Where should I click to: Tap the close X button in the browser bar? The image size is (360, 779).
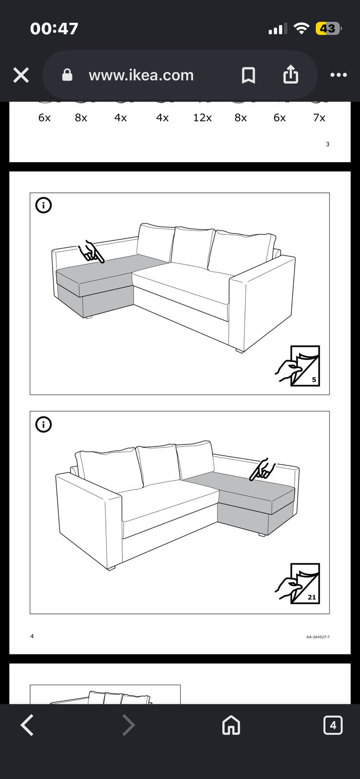pyautogui.click(x=21, y=75)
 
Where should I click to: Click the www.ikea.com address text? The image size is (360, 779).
pyautogui.click(x=141, y=75)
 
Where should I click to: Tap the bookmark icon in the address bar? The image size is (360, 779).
pyautogui.click(x=248, y=75)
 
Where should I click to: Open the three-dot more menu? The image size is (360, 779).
pyautogui.click(x=339, y=75)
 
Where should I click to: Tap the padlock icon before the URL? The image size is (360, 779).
pyautogui.click(x=67, y=75)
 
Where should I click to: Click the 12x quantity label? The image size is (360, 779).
pyautogui.click(x=203, y=118)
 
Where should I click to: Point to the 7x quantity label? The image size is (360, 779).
pyautogui.click(x=319, y=118)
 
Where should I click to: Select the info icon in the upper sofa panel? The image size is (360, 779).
pyautogui.click(x=43, y=205)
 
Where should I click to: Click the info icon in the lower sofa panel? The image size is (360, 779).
pyautogui.click(x=43, y=424)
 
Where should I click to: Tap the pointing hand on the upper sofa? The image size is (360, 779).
pyautogui.click(x=91, y=252)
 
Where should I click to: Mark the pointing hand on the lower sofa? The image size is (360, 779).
pyautogui.click(x=263, y=469)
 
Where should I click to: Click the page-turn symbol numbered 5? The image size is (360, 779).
pyautogui.click(x=298, y=366)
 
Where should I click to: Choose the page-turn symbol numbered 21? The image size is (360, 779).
pyautogui.click(x=298, y=583)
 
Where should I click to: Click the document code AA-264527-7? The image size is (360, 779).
pyautogui.click(x=318, y=637)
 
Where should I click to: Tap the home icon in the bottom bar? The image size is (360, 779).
pyautogui.click(x=231, y=725)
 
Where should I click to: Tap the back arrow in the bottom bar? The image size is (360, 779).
pyautogui.click(x=27, y=725)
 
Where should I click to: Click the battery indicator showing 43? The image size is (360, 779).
pyautogui.click(x=328, y=29)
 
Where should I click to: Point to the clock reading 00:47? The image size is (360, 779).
pyautogui.click(x=54, y=29)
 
